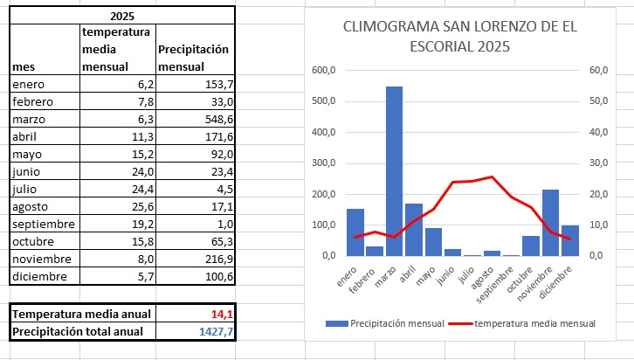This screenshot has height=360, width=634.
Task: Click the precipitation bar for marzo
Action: click(394, 170)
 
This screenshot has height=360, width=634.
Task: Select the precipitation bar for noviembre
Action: click(550, 223)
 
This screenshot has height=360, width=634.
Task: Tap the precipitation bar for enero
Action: click(331, 232)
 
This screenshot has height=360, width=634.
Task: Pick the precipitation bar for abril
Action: click(414, 229)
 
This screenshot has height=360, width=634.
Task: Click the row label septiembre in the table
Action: click(43, 225)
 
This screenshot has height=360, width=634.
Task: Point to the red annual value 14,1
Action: click(219, 314)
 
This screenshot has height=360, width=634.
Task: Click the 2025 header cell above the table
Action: click(122, 16)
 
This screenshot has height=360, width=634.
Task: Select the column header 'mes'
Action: click(24, 66)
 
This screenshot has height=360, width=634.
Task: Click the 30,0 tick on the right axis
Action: click(598, 163)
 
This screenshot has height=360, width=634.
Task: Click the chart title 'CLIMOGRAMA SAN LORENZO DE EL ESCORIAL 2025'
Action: click(460, 36)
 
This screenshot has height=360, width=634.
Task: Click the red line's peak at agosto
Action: click(492, 177)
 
